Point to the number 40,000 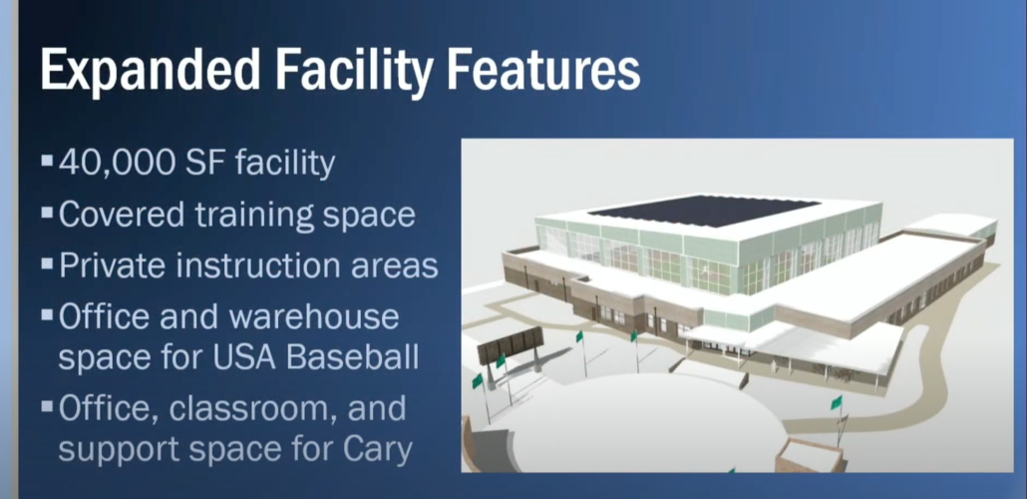click(114, 164)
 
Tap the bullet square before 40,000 click(47, 160)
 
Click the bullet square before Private click(47, 263)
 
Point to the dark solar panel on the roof click(705, 211)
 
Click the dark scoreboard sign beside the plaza click(511, 343)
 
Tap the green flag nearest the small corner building click(837, 402)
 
